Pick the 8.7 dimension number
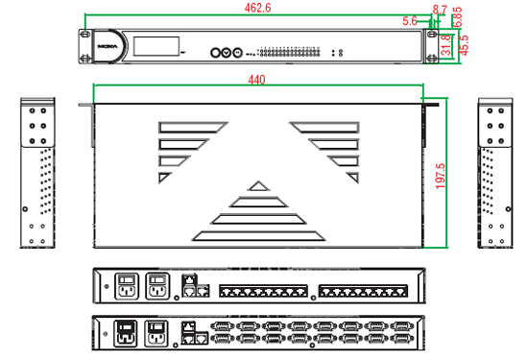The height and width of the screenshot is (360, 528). [x=440, y=9]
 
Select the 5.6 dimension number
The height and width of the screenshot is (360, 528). [x=410, y=20]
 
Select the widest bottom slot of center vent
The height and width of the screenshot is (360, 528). [x=256, y=234]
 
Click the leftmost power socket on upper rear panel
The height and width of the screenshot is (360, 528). [x=127, y=286]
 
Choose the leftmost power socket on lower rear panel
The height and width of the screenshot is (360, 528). [x=127, y=333]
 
